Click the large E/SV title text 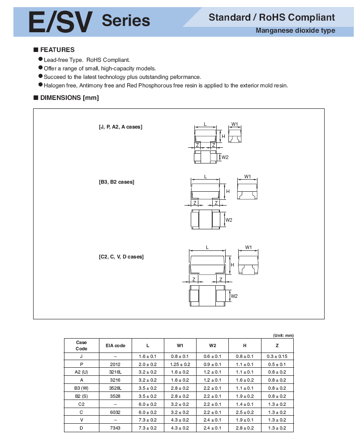coord(60,21)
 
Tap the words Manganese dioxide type coord(295,31)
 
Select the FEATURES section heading coord(57,50)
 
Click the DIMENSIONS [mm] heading coord(69,98)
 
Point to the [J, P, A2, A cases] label coord(120,127)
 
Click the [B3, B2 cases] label coord(116,182)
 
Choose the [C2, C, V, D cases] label coord(121,257)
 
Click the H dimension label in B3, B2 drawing coord(227,191)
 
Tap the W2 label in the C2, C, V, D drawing coord(234,296)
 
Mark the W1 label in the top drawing coord(234,124)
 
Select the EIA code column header coord(116,345)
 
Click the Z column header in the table coord(277,345)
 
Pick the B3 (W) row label coord(81,388)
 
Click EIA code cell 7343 coord(116,428)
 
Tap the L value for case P coord(148,364)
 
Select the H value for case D coord(245,428)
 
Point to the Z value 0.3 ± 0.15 coord(277,356)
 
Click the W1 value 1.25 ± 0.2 coord(180,364)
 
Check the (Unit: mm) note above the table coord(283,335)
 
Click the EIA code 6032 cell coord(116,412)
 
